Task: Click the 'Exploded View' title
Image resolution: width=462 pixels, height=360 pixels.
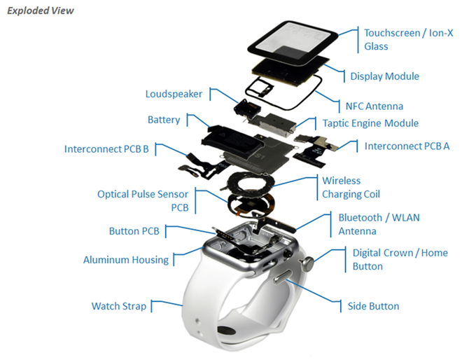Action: (41, 11)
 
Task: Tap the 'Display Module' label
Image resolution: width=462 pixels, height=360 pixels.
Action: (384, 76)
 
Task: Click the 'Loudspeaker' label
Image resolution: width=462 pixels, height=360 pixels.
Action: (174, 94)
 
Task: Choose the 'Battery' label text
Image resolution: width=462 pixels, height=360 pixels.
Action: (164, 120)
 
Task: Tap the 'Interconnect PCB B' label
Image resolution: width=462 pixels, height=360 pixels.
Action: (106, 148)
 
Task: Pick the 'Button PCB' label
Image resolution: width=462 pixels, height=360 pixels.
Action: (134, 231)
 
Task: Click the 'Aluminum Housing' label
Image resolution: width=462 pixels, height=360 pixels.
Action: (126, 260)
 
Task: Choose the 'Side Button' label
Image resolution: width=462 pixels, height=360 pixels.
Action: (373, 306)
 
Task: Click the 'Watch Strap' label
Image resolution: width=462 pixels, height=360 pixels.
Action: (119, 306)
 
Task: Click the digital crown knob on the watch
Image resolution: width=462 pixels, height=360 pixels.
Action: (306, 264)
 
